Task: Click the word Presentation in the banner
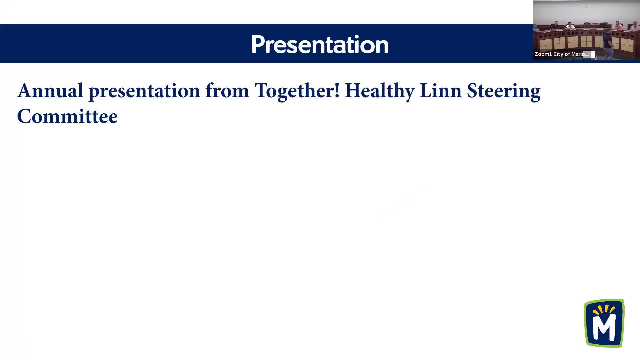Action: (x=320, y=44)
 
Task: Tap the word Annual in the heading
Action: (x=50, y=90)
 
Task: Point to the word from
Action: (x=227, y=90)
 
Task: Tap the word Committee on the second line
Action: (x=67, y=116)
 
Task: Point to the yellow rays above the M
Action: (x=604, y=310)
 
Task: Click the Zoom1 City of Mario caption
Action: (x=561, y=54)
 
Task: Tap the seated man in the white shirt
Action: (x=570, y=26)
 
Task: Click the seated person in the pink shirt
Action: (x=618, y=25)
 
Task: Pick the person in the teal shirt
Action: (x=536, y=28)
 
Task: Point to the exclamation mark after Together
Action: (x=337, y=90)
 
